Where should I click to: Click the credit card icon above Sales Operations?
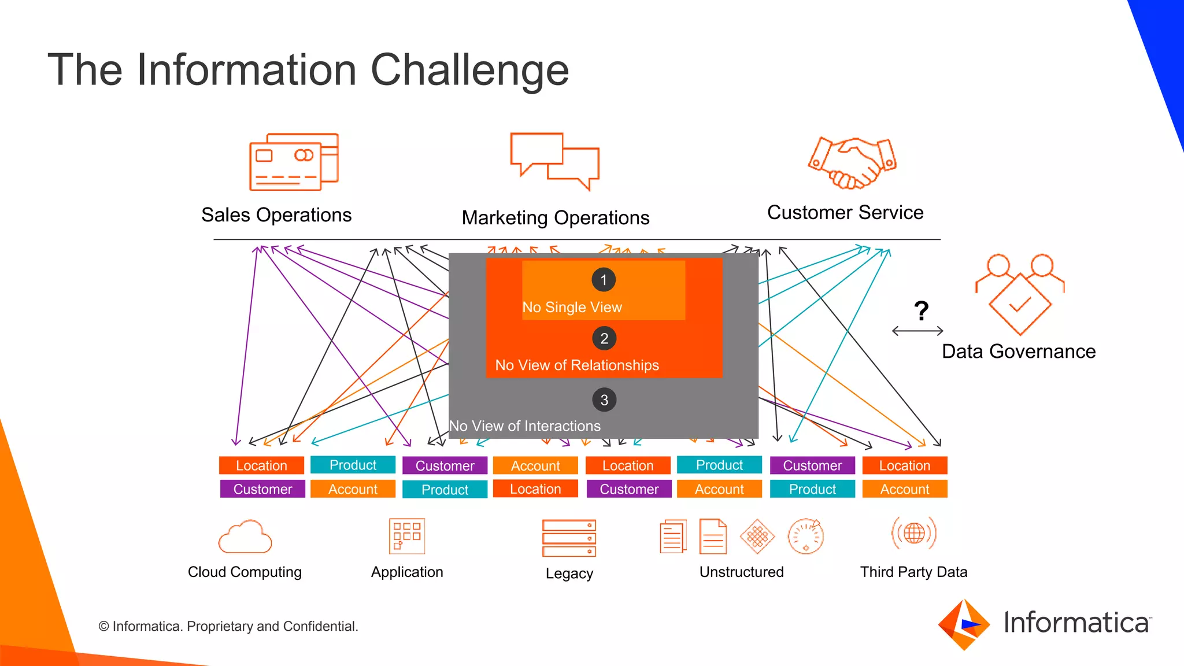click(294, 162)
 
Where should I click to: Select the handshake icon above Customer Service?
click(852, 163)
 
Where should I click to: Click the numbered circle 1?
click(604, 280)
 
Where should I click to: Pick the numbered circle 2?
click(604, 339)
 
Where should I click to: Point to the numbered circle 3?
click(604, 400)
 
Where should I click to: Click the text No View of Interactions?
click(525, 426)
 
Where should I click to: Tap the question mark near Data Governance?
click(922, 311)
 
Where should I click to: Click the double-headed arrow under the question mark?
click(917, 331)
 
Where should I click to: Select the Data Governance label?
click(1019, 351)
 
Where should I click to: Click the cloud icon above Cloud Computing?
click(245, 538)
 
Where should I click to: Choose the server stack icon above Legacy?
click(569, 538)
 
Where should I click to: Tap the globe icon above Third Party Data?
click(914, 533)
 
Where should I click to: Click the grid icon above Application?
click(407, 536)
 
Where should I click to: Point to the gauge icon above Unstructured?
click(805, 536)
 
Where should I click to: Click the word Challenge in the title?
click(469, 70)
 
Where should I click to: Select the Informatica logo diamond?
click(964, 624)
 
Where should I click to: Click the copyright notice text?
click(228, 627)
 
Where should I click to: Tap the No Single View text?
click(572, 308)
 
